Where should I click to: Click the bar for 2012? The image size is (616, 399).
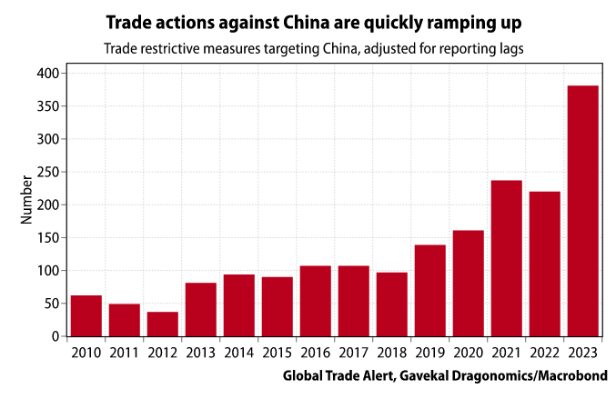click(163, 324)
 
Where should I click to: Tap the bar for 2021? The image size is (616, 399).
click(507, 258)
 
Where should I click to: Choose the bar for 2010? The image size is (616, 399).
click(86, 315)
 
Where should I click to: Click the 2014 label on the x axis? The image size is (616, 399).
click(239, 352)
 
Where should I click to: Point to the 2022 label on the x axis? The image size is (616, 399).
click(545, 352)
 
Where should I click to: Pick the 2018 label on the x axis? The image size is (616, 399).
click(392, 352)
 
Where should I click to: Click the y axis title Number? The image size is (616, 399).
click(26, 204)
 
